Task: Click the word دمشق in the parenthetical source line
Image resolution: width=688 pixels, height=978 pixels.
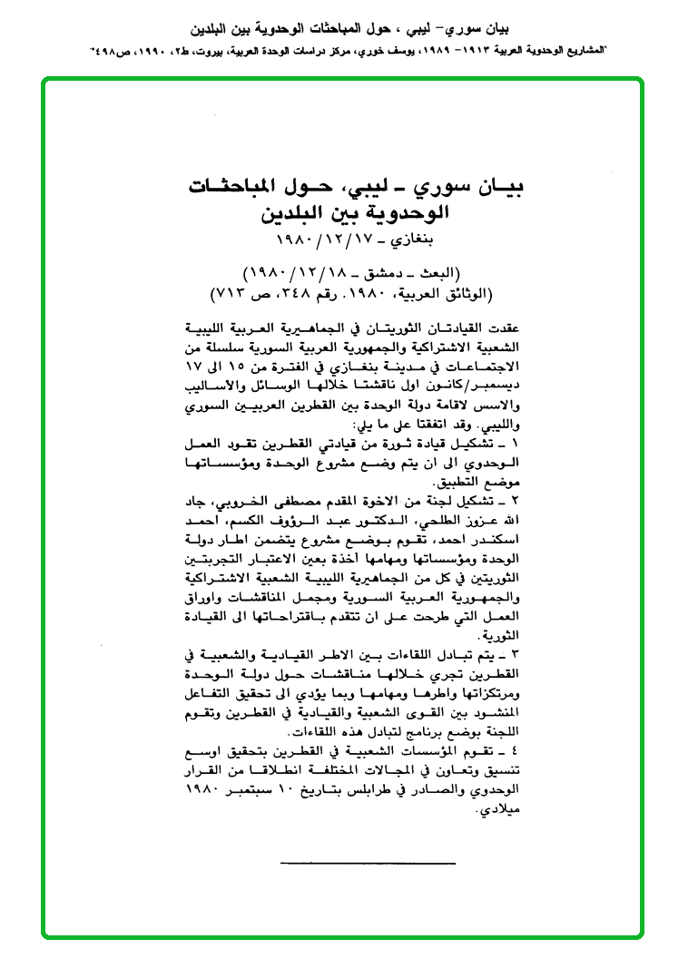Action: (390, 273)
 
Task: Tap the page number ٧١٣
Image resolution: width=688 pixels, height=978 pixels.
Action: (229, 293)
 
